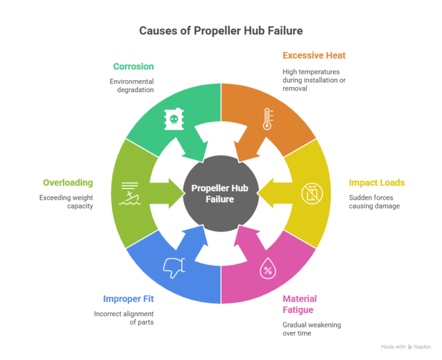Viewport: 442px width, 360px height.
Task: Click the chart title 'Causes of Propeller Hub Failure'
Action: coord(221,31)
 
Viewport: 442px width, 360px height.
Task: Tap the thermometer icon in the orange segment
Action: coord(267,119)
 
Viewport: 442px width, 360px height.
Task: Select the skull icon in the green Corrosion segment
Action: coord(174,119)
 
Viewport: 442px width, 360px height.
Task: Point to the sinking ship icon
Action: coord(129,194)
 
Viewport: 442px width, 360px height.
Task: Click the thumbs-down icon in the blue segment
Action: coord(174,268)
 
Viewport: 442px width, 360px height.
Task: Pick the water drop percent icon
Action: coord(268,268)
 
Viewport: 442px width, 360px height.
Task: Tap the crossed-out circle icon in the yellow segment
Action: coord(312,194)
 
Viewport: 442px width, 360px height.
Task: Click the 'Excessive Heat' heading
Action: coord(314,55)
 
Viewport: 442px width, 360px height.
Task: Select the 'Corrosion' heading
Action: coord(134,67)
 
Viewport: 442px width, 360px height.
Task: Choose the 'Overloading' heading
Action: coord(68,183)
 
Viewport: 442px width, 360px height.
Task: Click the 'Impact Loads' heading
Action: coord(377,183)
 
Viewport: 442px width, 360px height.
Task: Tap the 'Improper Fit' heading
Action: coord(128,299)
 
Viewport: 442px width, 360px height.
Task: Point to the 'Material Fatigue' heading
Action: coord(300,304)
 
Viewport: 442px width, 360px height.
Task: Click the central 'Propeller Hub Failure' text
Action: coord(220,194)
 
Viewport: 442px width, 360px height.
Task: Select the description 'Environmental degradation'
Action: coord(132,85)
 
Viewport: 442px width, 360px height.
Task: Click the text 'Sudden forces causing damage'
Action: coord(374,202)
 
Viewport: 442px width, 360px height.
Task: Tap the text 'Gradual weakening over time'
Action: coord(312,329)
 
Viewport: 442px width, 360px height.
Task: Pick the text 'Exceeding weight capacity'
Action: coord(66,202)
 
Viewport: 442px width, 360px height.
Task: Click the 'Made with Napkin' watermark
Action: coord(406,347)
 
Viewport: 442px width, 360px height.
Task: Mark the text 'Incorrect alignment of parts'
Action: coord(124,318)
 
